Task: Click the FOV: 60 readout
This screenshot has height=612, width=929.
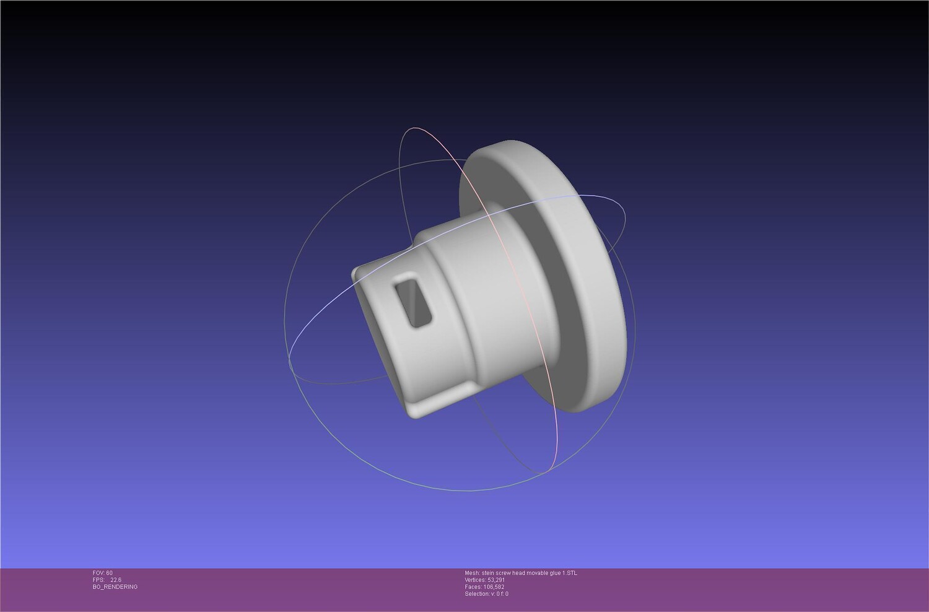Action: coord(102,572)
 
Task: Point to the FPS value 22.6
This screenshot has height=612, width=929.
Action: coord(116,580)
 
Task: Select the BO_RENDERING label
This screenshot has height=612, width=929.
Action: coord(115,587)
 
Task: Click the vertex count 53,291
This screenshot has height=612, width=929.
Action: coord(497,580)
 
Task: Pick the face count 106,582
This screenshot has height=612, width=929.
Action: coord(494,587)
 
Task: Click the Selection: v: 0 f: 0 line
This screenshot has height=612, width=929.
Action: coord(486,594)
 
